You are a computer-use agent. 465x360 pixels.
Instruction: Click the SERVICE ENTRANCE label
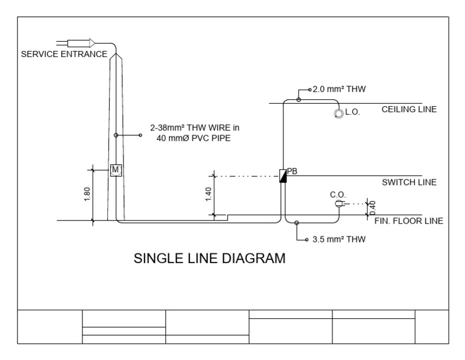click(64, 54)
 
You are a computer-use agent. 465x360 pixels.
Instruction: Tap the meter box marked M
click(116, 170)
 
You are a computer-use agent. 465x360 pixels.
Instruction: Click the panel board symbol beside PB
click(282, 176)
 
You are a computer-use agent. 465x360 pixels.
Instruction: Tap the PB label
click(292, 171)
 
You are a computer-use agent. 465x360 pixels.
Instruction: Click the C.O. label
click(338, 195)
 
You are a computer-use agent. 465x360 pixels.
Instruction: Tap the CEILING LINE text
click(409, 110)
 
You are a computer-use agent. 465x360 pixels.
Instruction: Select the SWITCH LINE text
click(409, 182)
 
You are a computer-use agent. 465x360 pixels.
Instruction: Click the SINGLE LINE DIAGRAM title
click(209, 259)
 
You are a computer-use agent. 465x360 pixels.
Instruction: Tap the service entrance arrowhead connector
click(91, 42)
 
